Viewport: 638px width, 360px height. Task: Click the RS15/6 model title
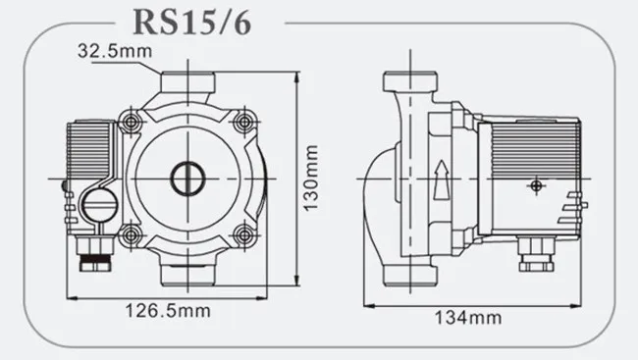pyautogui.click(x=191, y=23)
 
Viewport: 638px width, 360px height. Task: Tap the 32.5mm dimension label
pyautogui.click(x=115, y=51)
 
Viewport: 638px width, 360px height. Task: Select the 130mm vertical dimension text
pyautogui.click(x=311, y=178)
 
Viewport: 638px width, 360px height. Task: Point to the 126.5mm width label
pyautogui.click(x=168, y=311)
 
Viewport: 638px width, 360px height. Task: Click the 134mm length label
pyautogui.click(x=468, y=318)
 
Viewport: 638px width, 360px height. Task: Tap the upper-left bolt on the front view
pyautogui.click(x=131, y=122)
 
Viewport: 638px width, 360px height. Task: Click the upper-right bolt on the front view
pyautogui.click(x=243, y=122)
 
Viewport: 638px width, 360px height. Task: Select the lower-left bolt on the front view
pyautogui.click(x=131, y=234)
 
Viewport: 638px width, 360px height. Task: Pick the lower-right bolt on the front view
pyautogui.click(x=243, y=234)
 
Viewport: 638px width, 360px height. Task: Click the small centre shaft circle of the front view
pyautogui.click(x=187, y=179)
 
